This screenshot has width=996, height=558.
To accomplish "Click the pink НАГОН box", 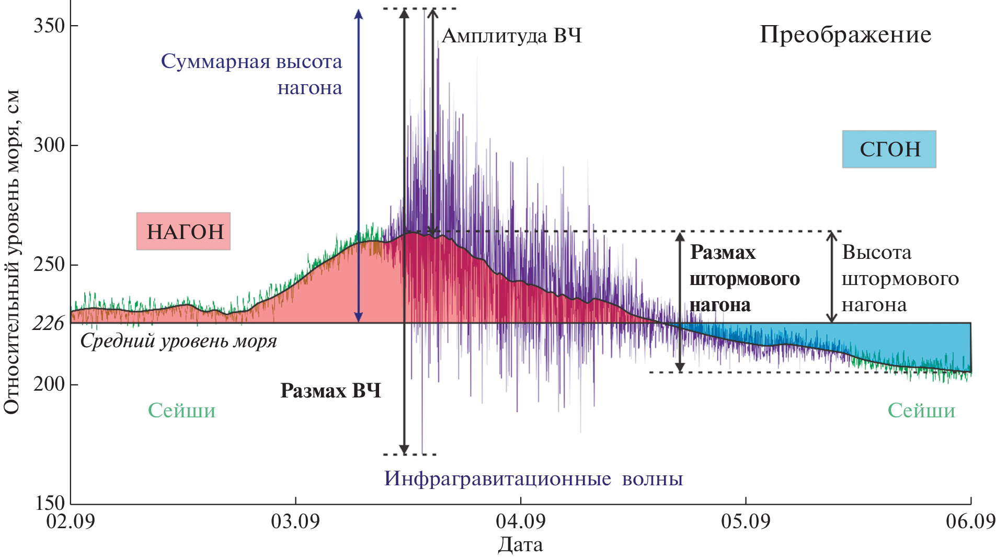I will pos(184,231).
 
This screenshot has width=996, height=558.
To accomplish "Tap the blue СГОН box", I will pos(889,150).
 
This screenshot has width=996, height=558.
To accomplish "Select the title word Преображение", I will pos(845,35).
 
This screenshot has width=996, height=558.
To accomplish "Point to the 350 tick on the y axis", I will pos(49,26).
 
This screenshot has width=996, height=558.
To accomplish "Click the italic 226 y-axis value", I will pos(48,324).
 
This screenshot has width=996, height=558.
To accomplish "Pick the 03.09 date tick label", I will pos(295,521).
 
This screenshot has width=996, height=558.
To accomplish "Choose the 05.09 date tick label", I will pos(746,521).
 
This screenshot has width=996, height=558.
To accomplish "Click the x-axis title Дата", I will pos(520,545).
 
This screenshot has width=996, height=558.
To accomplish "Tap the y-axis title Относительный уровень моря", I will pos(12,251).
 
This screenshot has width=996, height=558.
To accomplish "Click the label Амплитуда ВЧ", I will pos(511,36).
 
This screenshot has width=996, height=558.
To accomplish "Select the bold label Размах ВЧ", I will pos(330,391).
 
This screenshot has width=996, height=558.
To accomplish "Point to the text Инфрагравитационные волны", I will pos(533,479).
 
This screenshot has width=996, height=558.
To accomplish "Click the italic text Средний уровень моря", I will pos(178,341).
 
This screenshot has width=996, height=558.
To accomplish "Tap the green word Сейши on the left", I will pos(181,411).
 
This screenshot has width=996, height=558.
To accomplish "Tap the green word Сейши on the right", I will pos(921,411).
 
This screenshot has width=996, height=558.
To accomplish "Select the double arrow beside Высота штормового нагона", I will pos(831,277).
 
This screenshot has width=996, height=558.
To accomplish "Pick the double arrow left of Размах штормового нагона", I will pos(680,302).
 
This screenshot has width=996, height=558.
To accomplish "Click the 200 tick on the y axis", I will pos(49,384).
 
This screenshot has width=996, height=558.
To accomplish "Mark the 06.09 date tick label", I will pos(970,521).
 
